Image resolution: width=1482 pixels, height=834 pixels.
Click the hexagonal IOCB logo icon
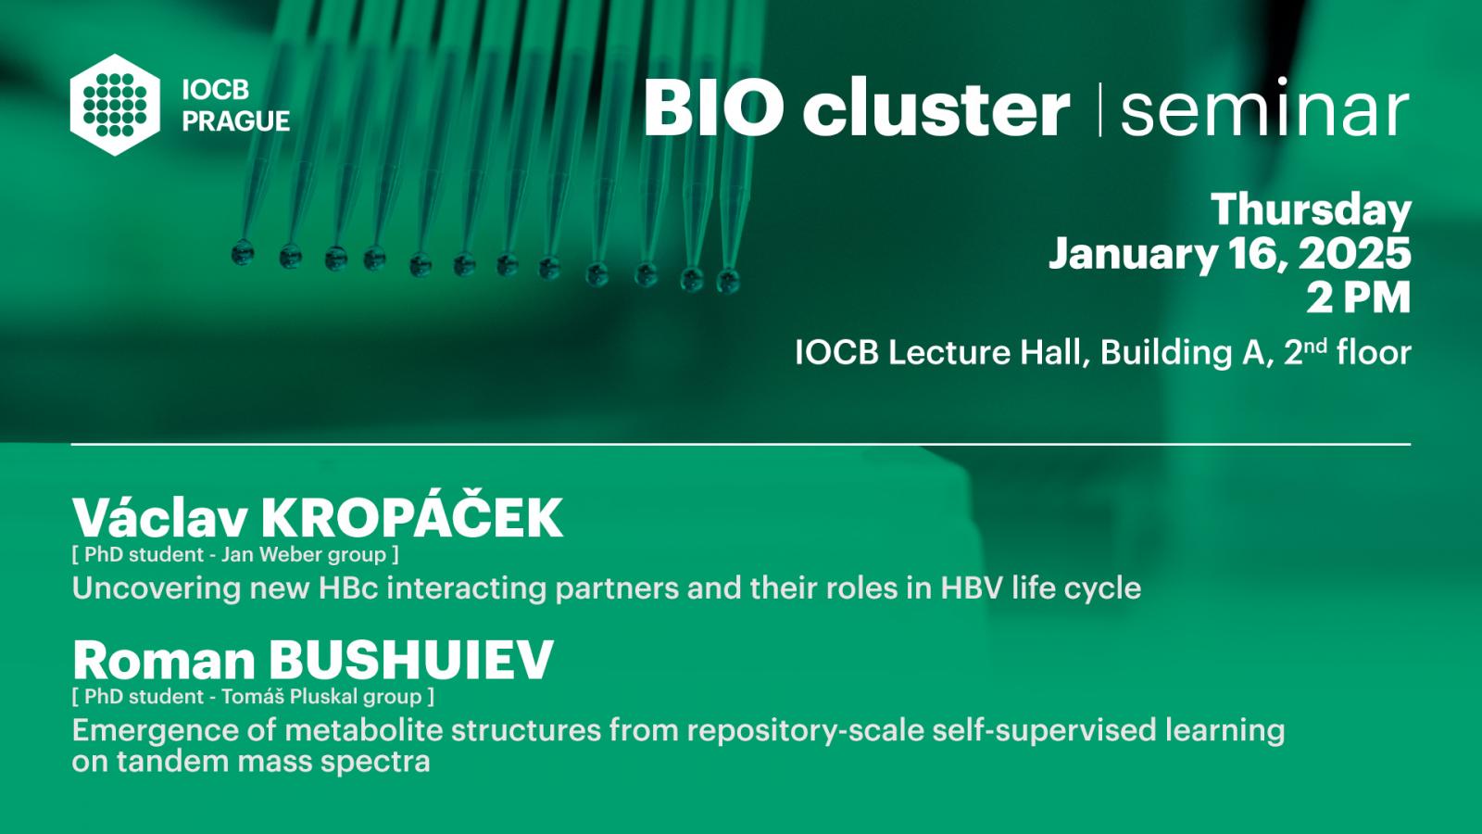(115, 105)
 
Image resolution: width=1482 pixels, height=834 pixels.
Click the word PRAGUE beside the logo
(236, 121)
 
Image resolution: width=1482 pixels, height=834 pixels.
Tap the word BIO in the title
(714, 107)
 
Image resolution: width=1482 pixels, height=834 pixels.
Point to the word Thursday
(1312, 210)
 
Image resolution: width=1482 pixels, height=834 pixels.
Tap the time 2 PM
(1358, 297)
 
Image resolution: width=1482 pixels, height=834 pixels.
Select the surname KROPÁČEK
(411, 518)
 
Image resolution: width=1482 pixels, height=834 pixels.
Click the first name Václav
(160, 518)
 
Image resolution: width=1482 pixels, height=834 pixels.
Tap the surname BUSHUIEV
(411, 660)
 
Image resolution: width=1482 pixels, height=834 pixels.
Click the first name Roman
(164, 660)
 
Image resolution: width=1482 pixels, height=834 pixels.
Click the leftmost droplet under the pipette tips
(243, 253)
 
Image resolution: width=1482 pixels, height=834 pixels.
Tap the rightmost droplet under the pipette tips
(728, 281)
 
